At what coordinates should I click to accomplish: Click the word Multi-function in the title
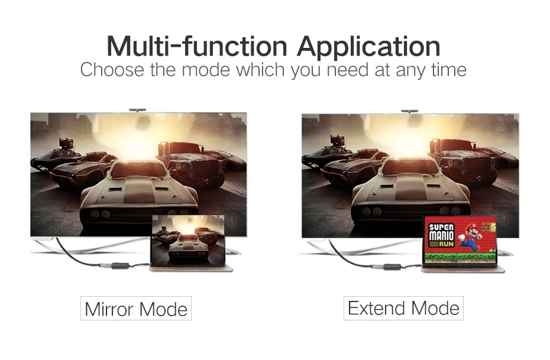tap(197, 46)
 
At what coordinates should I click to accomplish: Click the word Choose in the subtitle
tap(112, 69)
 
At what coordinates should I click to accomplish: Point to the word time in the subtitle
tap(449, 69)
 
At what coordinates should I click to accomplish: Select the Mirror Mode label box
tap(136, 308)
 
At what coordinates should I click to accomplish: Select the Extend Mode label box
tap(403, 308)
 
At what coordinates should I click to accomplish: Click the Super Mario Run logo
tap(441, 235)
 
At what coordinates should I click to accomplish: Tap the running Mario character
tap(471, 237)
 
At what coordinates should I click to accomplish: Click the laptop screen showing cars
tap(188, 240)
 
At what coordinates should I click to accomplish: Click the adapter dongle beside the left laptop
tap(120, 265)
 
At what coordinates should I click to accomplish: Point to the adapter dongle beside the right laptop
tap(392, 267)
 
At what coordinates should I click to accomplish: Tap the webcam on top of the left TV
tap(137, 110)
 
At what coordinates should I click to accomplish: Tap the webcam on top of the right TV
tap(409, 111)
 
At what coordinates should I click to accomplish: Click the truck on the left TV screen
tap(191, 162)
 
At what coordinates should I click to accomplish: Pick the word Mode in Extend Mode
tap(435, 308)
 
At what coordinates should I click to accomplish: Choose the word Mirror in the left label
tap(109, 309)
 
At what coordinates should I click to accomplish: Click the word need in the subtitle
tap(348, 69)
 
